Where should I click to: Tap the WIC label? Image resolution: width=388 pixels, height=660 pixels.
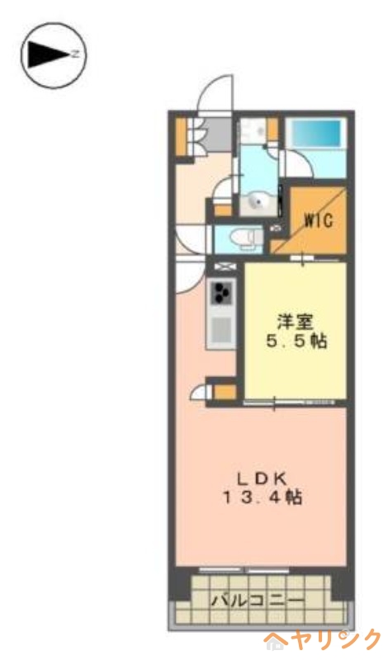coord(317,220)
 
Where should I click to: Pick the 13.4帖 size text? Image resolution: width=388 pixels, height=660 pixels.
coord(261,497)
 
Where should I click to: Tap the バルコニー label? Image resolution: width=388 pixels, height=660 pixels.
coord(257,600)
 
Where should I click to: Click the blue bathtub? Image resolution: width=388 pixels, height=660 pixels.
coord(316,134)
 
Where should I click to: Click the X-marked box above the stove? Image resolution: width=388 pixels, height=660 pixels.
coord(224,268)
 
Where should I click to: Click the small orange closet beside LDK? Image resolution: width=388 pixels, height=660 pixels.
coord(221,389)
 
